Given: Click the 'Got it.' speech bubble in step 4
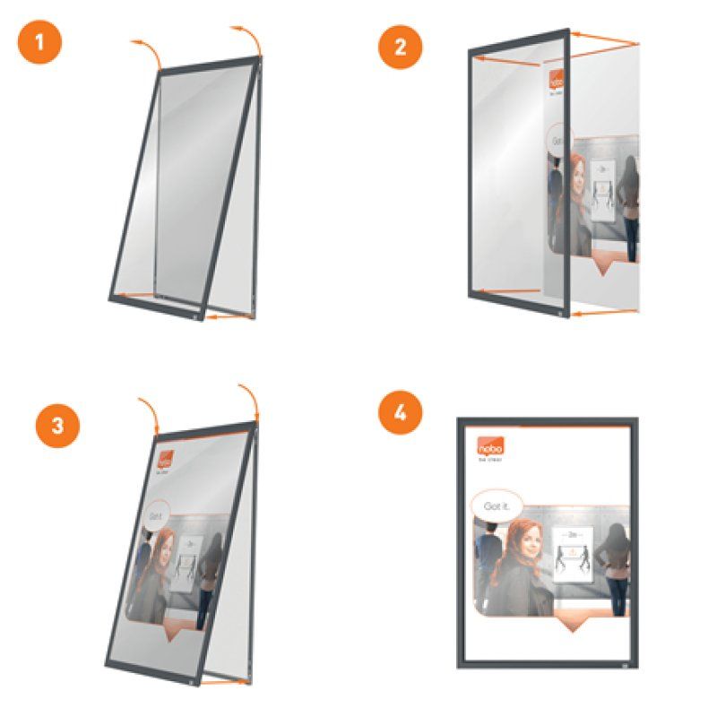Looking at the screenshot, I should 496,506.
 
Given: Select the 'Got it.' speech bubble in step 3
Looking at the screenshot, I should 158,515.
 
